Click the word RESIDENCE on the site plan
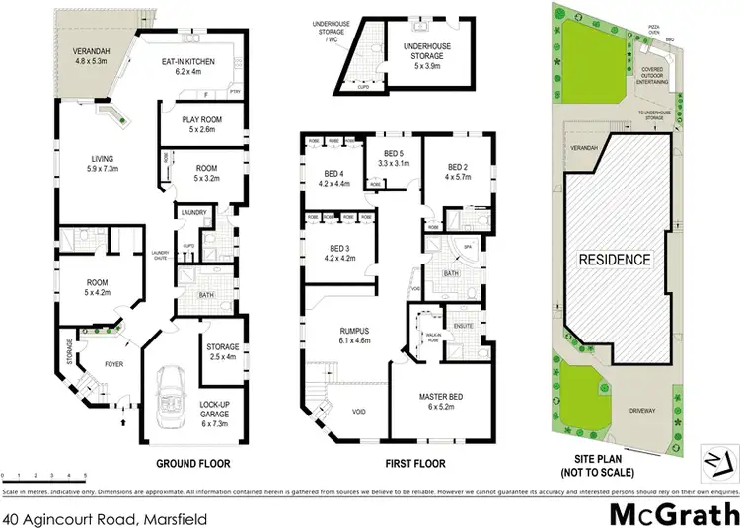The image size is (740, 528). (x=616, y=261)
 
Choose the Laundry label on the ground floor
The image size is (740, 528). (x=192, y=211)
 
